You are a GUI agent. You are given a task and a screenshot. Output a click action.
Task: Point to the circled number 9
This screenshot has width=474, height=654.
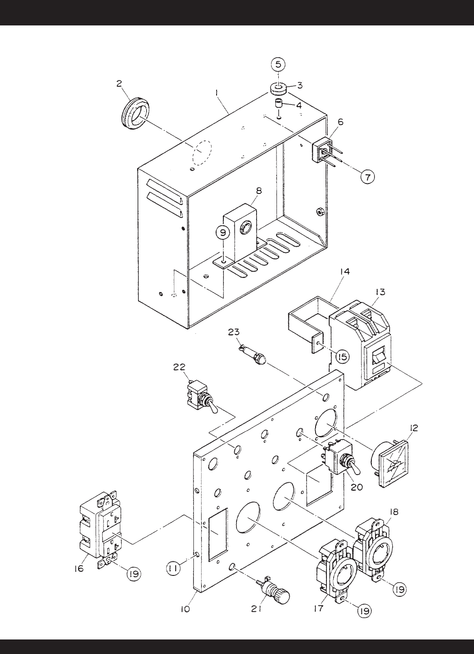click(223, 233)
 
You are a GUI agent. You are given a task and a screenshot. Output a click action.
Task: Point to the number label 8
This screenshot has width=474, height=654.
click(259, 191)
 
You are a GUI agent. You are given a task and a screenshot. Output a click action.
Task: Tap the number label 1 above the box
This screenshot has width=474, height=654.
click(217, 93)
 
